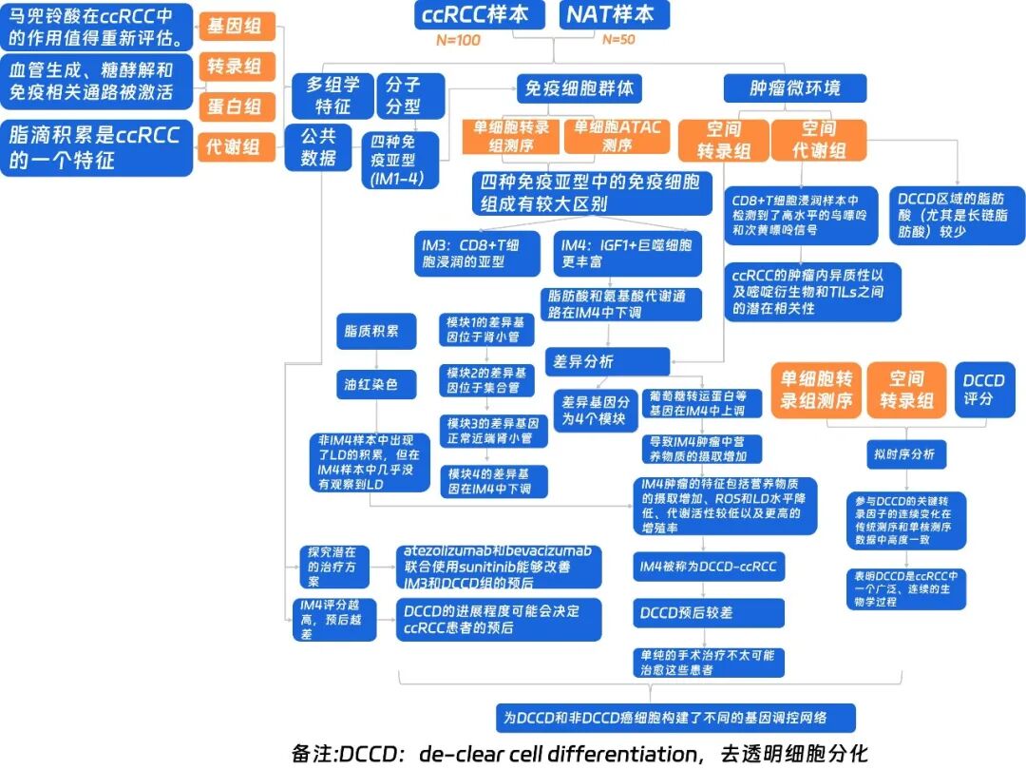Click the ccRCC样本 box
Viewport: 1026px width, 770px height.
pyautogui.click(x=480, y=14)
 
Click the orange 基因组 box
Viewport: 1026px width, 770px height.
pyautogui.click(x=237, y=26)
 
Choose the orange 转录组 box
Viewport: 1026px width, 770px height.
pyautogui.click(x=237, y=67)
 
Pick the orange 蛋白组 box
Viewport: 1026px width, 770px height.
pyautogui.click(x=237, y=106)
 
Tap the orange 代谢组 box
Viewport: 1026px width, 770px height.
pyautogui.click(x=237, y=147)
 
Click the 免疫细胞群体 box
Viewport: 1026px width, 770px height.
pyautogui.click(x=579, y=89)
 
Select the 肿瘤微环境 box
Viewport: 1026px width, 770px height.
pyautogui.click(x=794, y=89)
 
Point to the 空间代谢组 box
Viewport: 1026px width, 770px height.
pyautogui.click(x=819, y=140)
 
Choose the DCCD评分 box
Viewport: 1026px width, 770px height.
pyautogui.click(x=984, y=390)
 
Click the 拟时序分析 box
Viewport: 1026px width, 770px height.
pyautogui.click(x=904, y=454)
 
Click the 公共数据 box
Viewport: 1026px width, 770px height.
pyautogui.click(x=318, y=147)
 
